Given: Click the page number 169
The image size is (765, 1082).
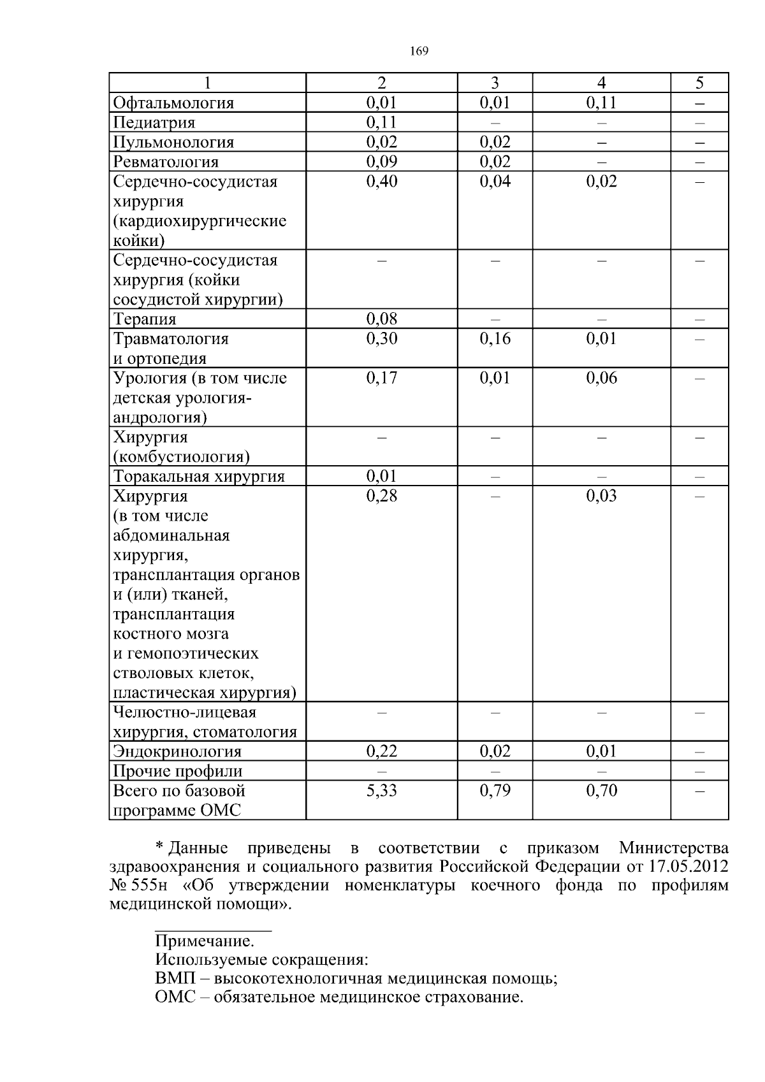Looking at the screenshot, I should point(419,52).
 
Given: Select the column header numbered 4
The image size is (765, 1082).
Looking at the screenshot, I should point(601,83).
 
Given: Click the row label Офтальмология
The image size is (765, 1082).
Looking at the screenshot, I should point(173,103).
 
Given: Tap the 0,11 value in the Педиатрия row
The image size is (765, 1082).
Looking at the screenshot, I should point(381,122).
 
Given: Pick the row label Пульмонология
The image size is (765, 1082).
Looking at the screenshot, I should point(173,142).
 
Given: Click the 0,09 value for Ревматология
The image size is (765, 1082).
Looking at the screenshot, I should point(381,162).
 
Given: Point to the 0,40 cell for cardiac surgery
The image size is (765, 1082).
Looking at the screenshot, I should point(381,182).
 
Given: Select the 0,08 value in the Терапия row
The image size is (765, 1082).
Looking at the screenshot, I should point(381,319).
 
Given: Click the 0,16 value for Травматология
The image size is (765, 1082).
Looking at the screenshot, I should point(495,338).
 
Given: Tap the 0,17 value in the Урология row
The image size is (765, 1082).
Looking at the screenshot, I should point(381,378).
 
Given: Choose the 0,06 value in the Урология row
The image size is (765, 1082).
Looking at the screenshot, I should point(601,378).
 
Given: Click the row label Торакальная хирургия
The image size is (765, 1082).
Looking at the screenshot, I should point(199,477).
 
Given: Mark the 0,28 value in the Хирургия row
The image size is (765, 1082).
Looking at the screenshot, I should point(381,496).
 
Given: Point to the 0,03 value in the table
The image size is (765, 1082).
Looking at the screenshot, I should point(601,496).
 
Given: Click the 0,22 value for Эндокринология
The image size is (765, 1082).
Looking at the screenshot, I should point(381,751).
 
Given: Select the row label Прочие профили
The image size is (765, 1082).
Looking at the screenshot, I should point(177,771).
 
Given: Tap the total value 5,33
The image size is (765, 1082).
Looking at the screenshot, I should point(381,791).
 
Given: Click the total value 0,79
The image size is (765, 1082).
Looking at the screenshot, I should point(495,791).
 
